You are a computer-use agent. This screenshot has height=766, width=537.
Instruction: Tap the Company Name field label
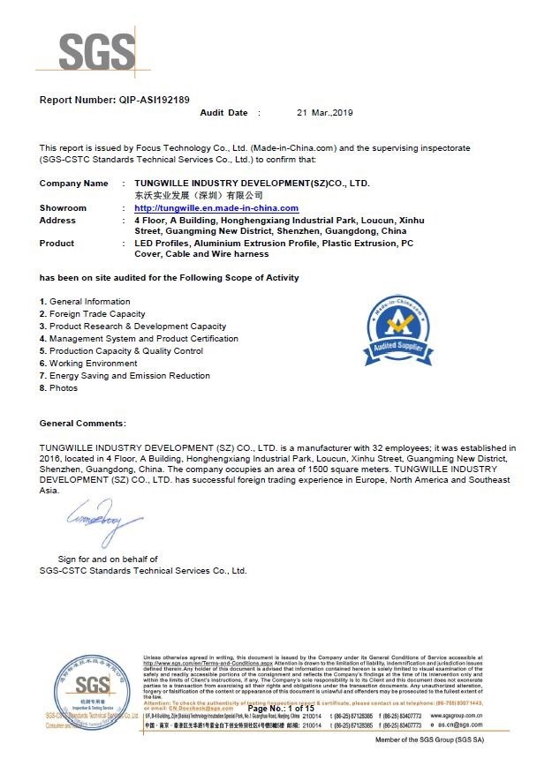pyautogui.click(x=74, y=183)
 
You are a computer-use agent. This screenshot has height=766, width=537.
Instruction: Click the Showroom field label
pyautogui.click(x=63, y=207)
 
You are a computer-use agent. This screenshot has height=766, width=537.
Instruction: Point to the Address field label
pyautogui.click(x=57, y=220)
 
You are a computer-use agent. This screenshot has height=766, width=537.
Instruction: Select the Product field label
pyautogui.click(x=57, y=243)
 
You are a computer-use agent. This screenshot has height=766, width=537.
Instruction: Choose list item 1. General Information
pyautogui.click(x=85, y=302)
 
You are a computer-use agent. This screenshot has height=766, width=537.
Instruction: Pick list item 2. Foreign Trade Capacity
pyautogui.click(x=93, y=314)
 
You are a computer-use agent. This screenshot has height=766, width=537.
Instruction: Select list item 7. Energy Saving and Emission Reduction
pyautogui.click(x=125, y=376)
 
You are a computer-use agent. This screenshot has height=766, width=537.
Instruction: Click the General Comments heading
pyautogui.click(x=83, y=424)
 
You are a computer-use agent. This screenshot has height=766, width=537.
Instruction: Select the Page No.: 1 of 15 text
pyautogui.click(x=281, y=709)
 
